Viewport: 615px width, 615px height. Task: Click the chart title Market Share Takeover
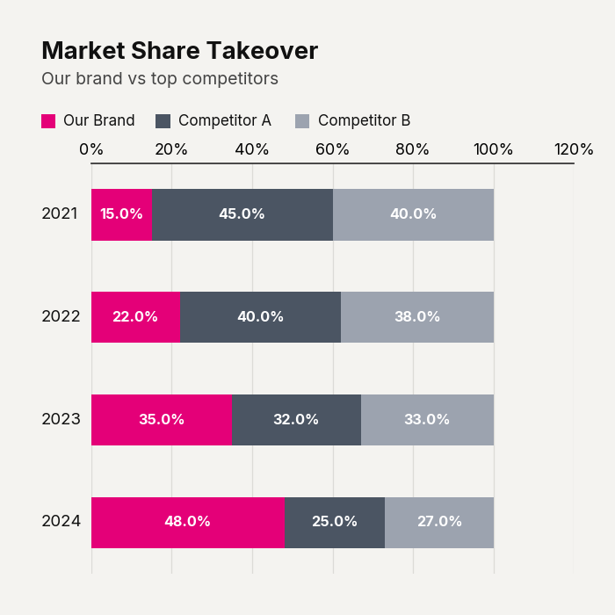[x=179, y=51]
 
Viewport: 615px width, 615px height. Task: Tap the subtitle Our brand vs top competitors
[x=160, y=78]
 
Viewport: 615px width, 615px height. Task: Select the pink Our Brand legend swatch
[x=48, y=121]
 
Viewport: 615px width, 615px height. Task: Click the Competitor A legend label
[x=225, y=120]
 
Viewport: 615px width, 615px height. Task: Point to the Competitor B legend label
[x=364, y=120]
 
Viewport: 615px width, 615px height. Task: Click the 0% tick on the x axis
[x=91, y=149]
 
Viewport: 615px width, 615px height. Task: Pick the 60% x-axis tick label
[x=332, y=149]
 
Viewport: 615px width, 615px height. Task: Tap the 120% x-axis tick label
[x=574, y=149]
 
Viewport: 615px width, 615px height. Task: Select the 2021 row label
[x=60, y=213]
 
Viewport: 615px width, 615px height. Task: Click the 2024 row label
[x=61, y=521]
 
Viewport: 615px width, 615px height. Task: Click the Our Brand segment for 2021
[x=121, y=215]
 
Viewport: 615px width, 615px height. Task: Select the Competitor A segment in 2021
[x=242, y=215]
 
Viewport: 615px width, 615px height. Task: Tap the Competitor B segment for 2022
[x=417, y=317]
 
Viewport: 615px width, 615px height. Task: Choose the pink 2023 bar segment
[x=162, y=420]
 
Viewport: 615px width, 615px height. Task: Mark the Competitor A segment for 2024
[x=335, y=523]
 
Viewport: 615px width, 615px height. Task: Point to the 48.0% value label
[x=187, y=521]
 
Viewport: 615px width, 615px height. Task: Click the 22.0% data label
[x=135, y=316]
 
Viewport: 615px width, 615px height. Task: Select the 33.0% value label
[x=427, y=419]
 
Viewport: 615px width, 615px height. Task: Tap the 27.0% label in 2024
[x=439, y=521]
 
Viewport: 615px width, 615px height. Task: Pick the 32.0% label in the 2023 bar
[x=296, y=419]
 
